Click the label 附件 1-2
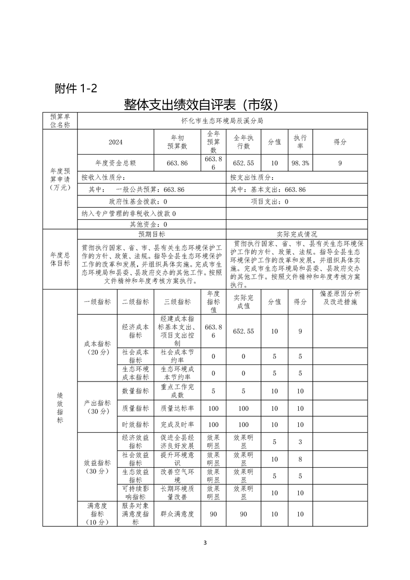coord(75,88)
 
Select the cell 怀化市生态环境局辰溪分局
coord(222,120)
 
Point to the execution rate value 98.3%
coord(300,163)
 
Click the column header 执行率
coord(300,142)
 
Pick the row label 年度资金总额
coord(115,163)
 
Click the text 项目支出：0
coord(269,202)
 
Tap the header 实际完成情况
coord(297,234)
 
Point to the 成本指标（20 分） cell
coord(97,347)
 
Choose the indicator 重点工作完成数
coord(177,391)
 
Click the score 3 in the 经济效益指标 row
coord(300,441)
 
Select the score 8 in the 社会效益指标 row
coord(300,459)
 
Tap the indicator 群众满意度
coord(177,514)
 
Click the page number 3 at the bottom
coord(205,543)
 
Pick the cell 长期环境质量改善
coord(177,493)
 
